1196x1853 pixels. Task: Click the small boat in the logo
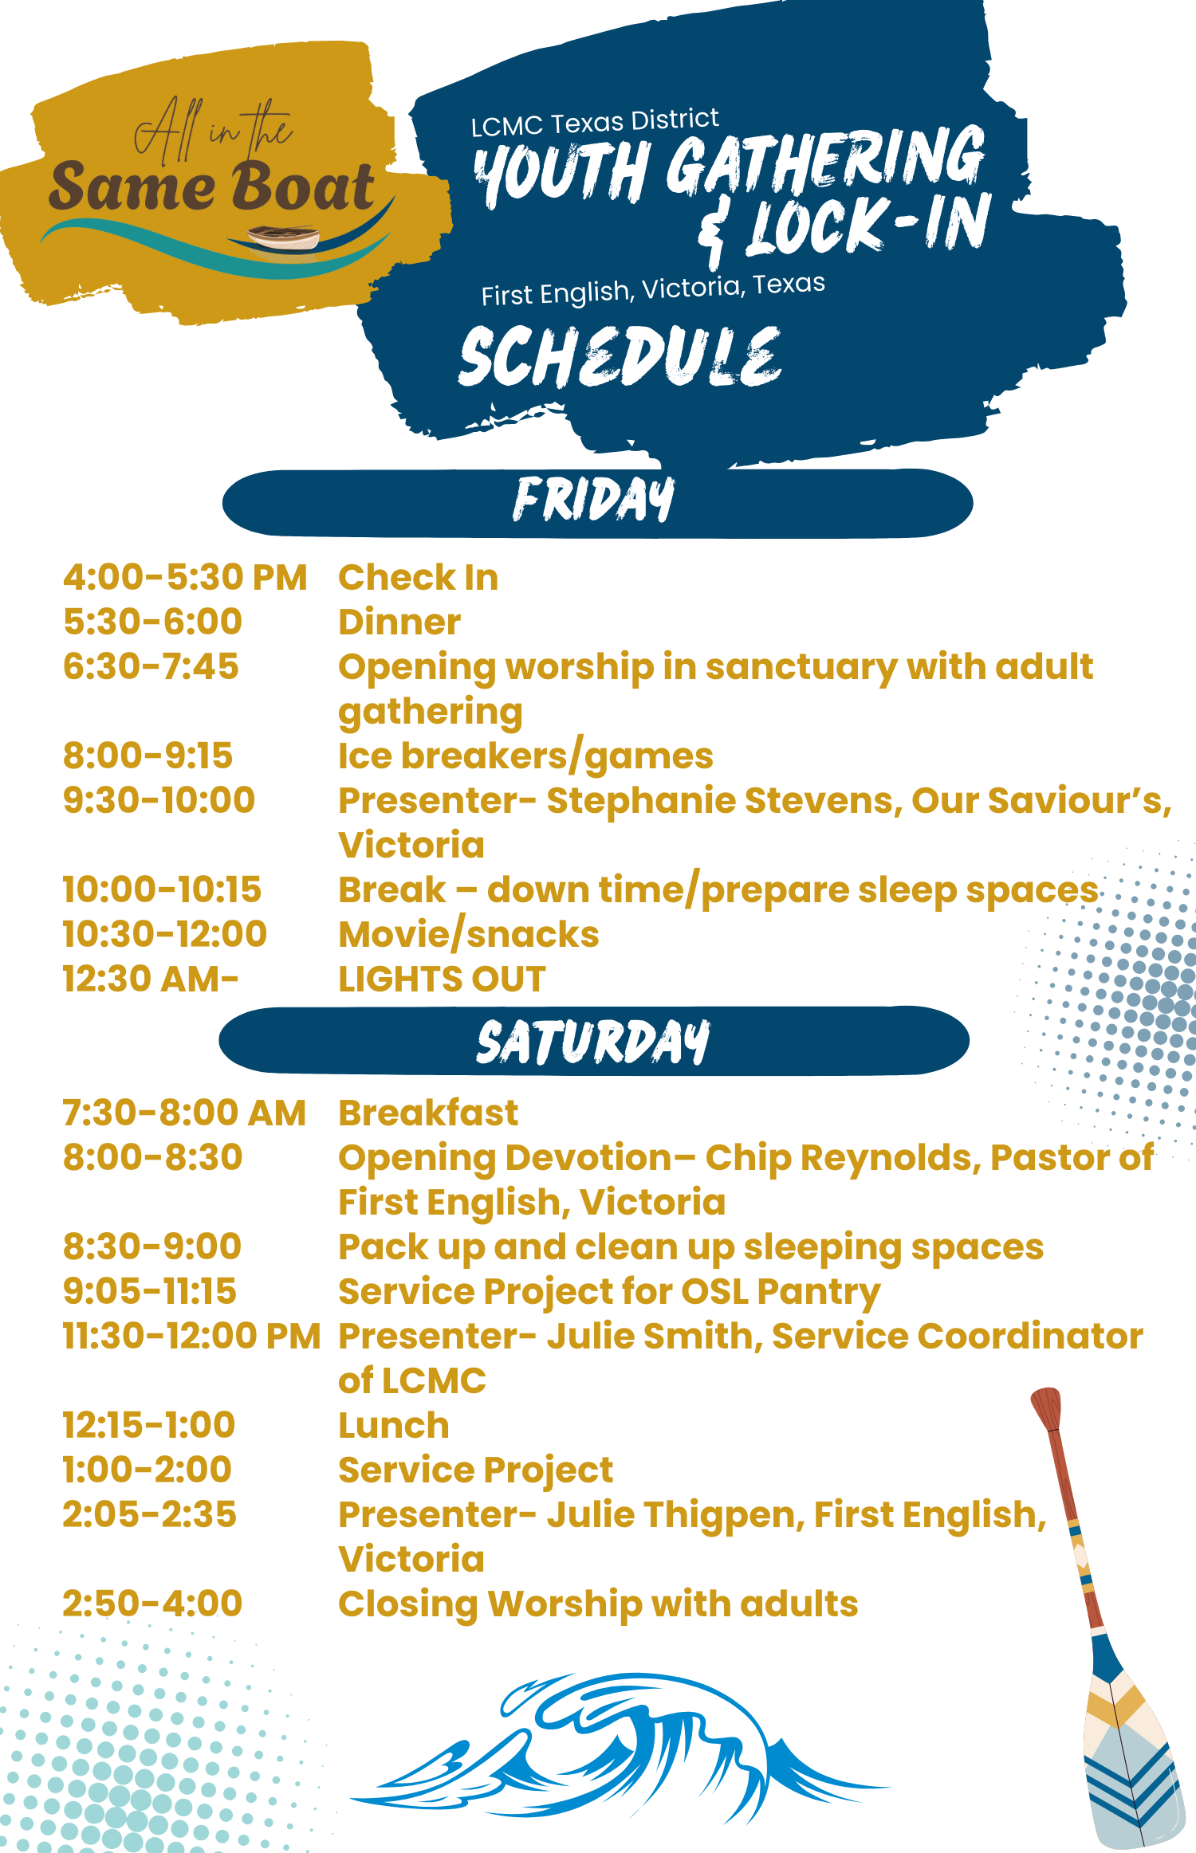283,237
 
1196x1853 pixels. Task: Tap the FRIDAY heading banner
597,503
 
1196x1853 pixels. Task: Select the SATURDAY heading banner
594,1040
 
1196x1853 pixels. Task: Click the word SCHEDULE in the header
620,356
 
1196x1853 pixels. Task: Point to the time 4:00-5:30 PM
185,578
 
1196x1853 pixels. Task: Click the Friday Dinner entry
399,622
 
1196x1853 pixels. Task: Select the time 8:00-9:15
148,756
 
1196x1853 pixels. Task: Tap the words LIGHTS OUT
443,979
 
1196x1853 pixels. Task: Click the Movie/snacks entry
469,935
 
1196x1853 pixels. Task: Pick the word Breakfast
428,1113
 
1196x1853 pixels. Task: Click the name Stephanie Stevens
724,802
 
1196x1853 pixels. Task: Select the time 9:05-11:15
150,1292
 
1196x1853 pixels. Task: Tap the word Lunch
394,1426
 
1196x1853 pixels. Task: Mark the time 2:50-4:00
152,1604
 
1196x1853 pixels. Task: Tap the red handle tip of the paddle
1046,1407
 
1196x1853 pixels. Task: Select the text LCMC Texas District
595,122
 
